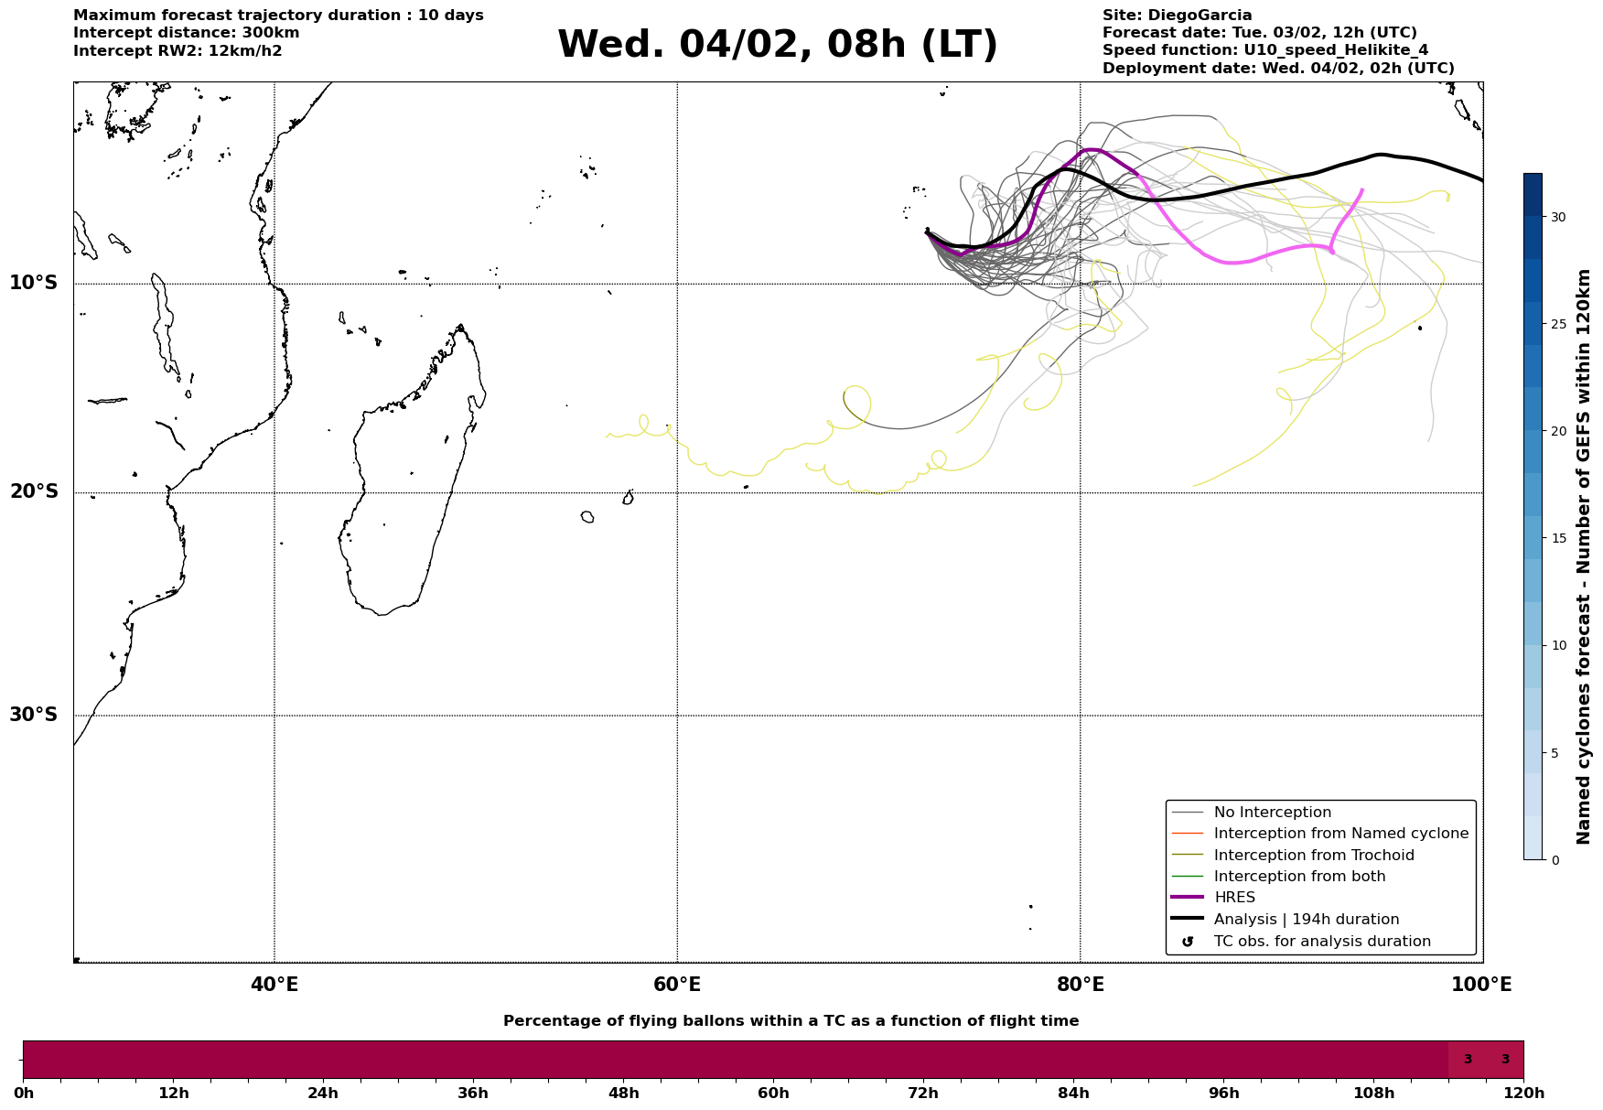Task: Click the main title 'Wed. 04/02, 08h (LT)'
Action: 777,45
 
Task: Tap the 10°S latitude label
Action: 34,283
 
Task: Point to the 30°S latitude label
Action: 34,715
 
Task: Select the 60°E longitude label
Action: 677,985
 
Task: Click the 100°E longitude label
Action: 1482,985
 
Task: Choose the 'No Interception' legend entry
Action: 1272,813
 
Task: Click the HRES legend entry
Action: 1234,898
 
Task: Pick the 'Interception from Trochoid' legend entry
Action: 1313,856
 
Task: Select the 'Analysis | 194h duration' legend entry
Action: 1306,920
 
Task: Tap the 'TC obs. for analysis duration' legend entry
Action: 1321,942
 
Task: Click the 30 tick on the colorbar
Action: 1557,217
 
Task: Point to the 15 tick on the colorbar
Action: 1557,538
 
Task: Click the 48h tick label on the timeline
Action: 623,1094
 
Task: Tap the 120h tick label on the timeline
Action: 1523,1094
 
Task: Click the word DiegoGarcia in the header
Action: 1200,16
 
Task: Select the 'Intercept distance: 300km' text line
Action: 187,33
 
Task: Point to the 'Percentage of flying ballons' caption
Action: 791,1021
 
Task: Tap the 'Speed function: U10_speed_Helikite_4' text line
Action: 1264,50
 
